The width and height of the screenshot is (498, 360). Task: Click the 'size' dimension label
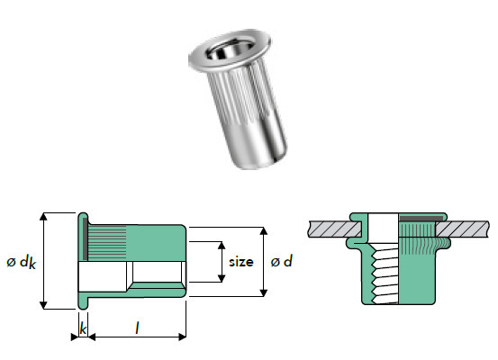tap(240, 263)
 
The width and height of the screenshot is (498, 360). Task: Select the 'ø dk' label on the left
tap(19, 263)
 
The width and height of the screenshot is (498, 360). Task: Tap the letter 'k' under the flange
tap(83, 329)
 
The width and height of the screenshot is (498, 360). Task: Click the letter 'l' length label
tap(136, 330)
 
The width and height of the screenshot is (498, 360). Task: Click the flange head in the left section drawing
tap(82, 261)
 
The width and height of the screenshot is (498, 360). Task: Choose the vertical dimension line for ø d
tap(263, 261)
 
